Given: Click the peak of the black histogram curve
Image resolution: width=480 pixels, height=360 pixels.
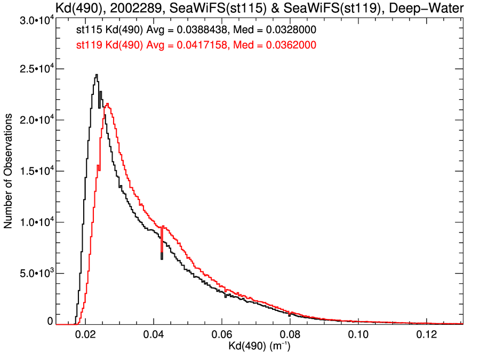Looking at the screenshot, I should click(x=97, y=75).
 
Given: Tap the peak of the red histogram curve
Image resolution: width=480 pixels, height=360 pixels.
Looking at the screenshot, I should click(x=108, y=104).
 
